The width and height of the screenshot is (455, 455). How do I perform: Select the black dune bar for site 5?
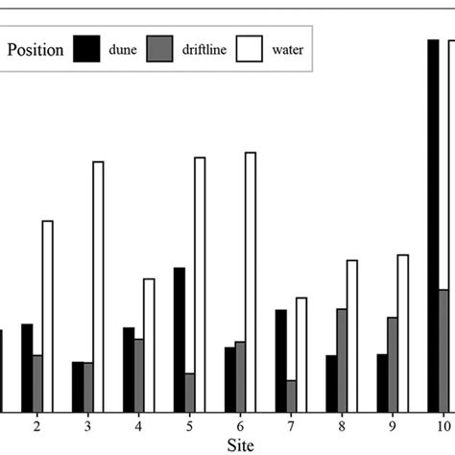point(180,339)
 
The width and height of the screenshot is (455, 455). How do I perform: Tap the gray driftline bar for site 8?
point(342,360)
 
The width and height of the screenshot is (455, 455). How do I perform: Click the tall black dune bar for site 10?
point(433,226)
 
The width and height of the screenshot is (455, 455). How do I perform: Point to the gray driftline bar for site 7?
point(291,395)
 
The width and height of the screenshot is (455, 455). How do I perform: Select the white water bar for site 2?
point(47,316)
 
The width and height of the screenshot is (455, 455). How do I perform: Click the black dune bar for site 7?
point(280,360)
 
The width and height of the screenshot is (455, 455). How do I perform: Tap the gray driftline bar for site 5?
point(190,392)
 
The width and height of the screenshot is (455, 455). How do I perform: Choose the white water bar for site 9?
point(403,332)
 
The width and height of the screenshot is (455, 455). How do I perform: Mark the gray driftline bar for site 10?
point(443,350)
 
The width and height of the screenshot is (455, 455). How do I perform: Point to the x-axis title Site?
point(240,445)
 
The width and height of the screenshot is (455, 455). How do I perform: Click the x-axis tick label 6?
point(240,424)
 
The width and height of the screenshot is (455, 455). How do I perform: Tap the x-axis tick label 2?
point(36,424)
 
